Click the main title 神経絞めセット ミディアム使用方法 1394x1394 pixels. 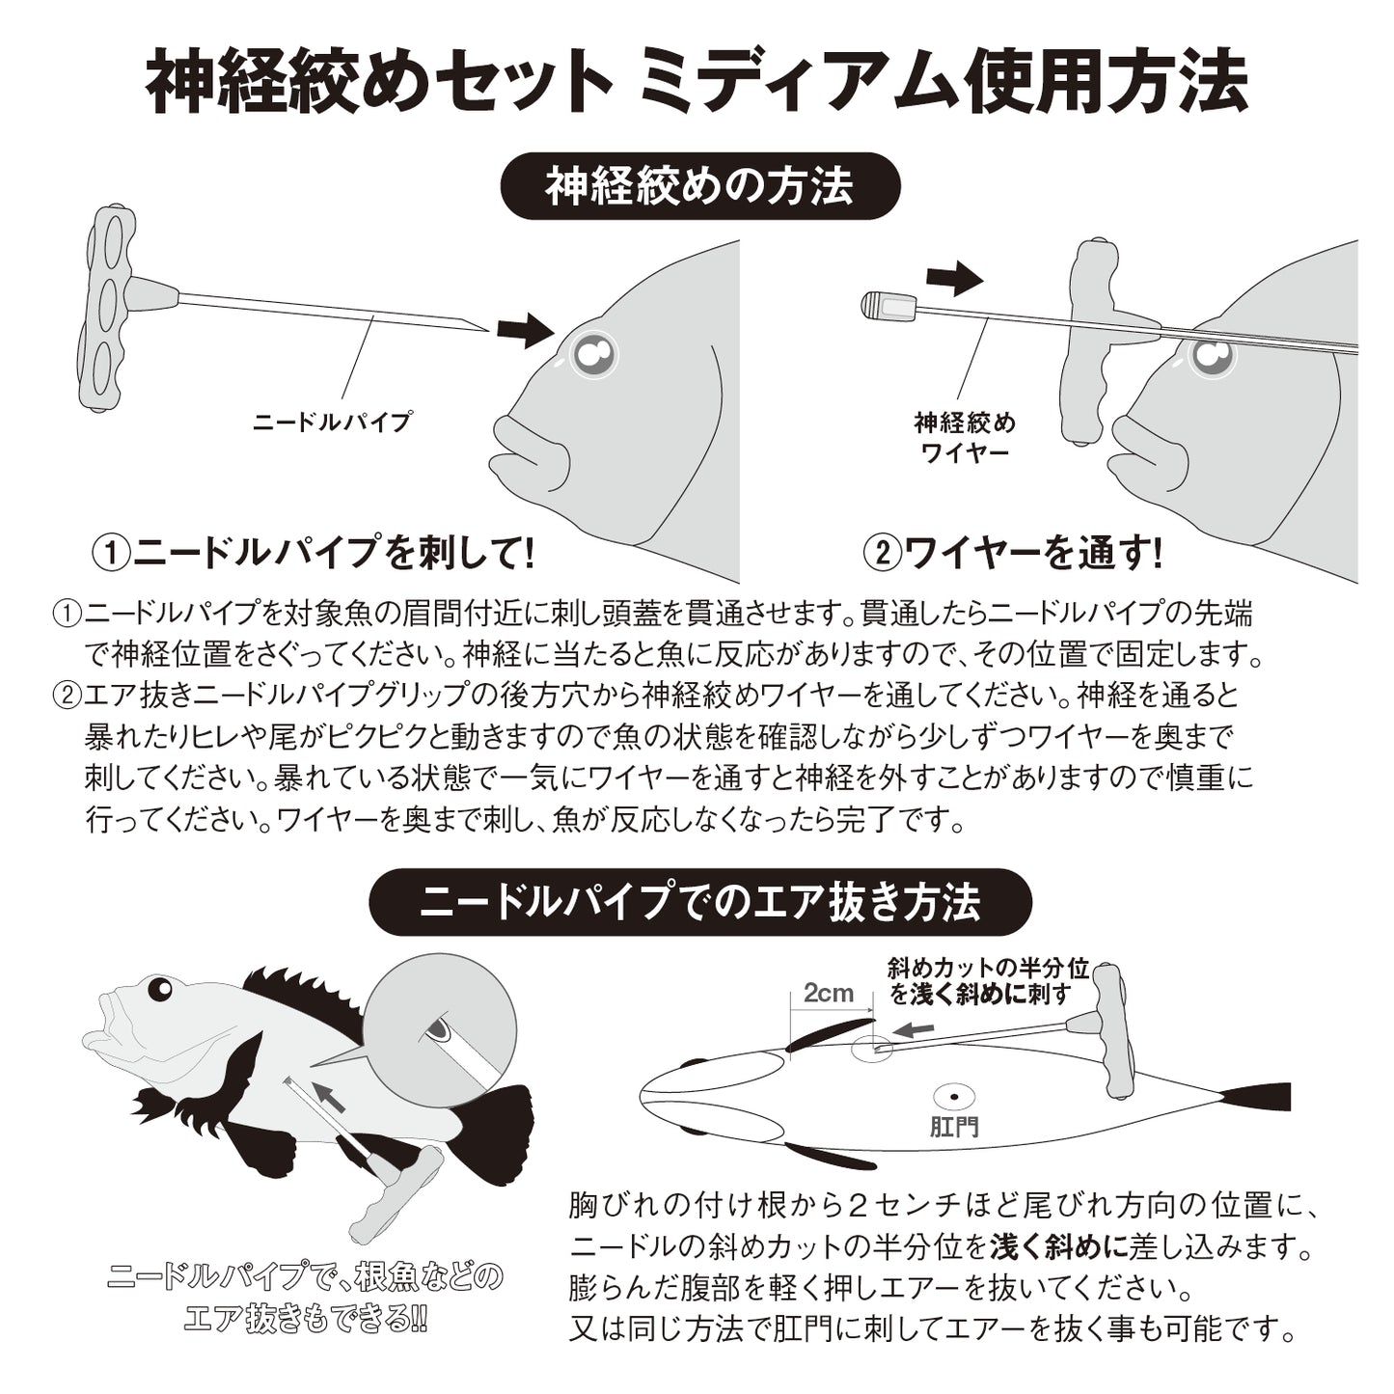coord(697,82)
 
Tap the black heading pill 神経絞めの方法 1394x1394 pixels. coord(699,186)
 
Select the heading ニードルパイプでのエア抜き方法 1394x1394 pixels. coord(700,902)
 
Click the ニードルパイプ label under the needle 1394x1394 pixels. coord(332,422)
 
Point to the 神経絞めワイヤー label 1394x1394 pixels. coord(965,437)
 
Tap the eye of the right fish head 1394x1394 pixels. coord(1212,357)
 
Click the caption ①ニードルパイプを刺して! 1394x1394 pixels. coord(313,553)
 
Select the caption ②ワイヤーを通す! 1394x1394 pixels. coord(1013,553)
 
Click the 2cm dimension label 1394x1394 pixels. coord(829,994)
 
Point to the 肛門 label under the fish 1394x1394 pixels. coord(954,1126)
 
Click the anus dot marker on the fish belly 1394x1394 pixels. coord(954,1097)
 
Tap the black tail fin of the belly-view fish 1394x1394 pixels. coord(1255,1097)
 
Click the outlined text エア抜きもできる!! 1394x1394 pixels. coord(306,1319)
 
